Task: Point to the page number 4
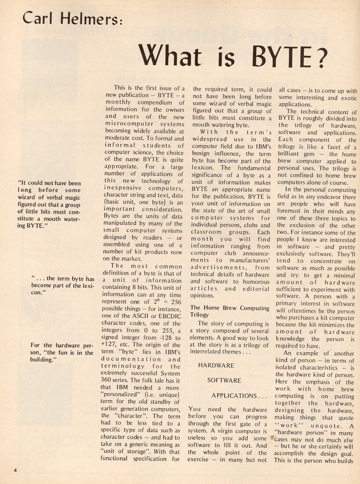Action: click(15, 471)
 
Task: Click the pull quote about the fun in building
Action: click(62, 349)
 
